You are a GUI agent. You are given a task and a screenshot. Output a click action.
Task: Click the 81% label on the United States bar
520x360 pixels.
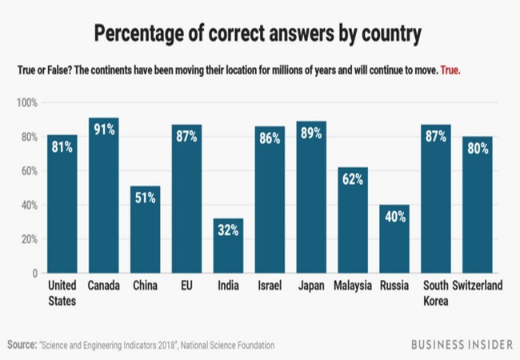[x=62, y=148]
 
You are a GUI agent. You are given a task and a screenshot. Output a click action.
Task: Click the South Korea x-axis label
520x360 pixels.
[x=435, y=294]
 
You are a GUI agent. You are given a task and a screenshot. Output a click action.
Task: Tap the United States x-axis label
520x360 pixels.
[x=62, y=294]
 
